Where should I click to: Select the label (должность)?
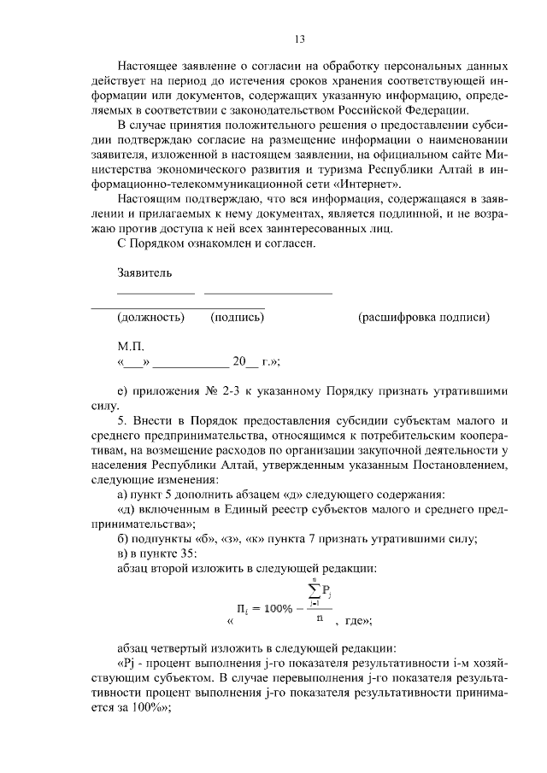pos(151,317)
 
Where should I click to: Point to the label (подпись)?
pos(237,317)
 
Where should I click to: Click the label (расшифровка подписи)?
pos(424,317)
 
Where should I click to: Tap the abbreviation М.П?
pos(132,348)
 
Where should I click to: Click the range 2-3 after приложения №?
pos(214,390)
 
